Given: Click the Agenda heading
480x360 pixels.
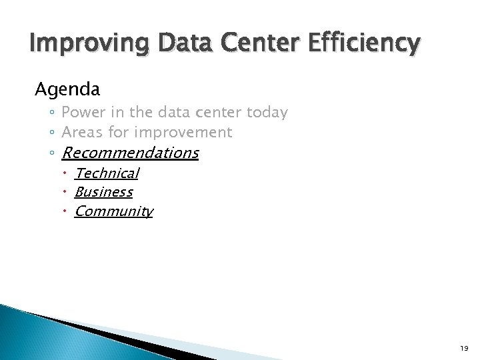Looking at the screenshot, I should pyautogui.click(x=67, y=89).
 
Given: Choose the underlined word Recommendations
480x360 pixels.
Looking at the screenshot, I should pyautogui.click(x=139, y=153).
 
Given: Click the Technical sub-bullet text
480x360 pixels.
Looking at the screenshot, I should pyautogui.click(x=107, y=173).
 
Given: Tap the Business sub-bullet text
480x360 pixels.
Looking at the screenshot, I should pyautogui.click(x=103, y=193).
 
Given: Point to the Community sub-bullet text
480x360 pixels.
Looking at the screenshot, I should pyautogui.click(x=113, y=212).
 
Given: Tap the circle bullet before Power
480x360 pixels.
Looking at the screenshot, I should pyautogui.click(x=52, y=113).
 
